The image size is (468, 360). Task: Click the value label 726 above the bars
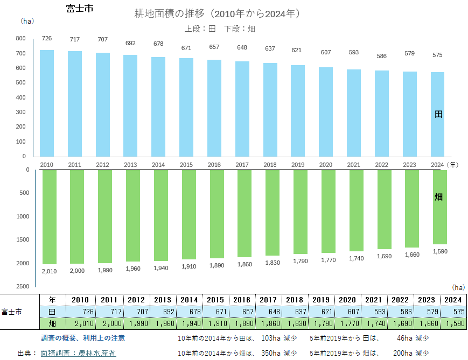pos(47,38)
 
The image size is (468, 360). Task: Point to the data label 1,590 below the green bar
pos(440,251)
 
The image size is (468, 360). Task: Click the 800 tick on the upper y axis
pos(21,38)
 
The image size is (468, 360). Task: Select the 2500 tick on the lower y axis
pos(23,286)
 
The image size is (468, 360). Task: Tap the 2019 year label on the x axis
pos(298,165)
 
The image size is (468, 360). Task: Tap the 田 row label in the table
pos(52,312)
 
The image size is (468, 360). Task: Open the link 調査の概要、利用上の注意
pos(83,338)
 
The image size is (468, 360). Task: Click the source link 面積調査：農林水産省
pos(78,353)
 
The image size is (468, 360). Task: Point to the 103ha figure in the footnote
pos(271,338)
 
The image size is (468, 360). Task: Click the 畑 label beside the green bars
pos(438,197)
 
